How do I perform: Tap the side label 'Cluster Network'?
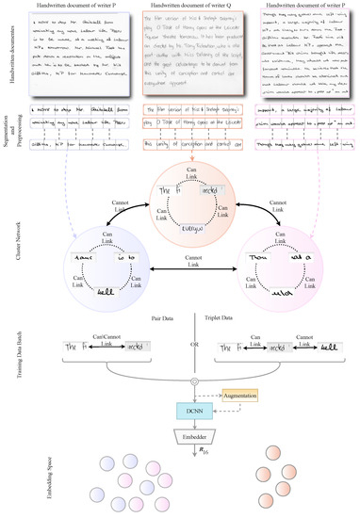click(x=8, y=235)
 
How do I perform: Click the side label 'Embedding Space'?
click(x=8, y=486)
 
